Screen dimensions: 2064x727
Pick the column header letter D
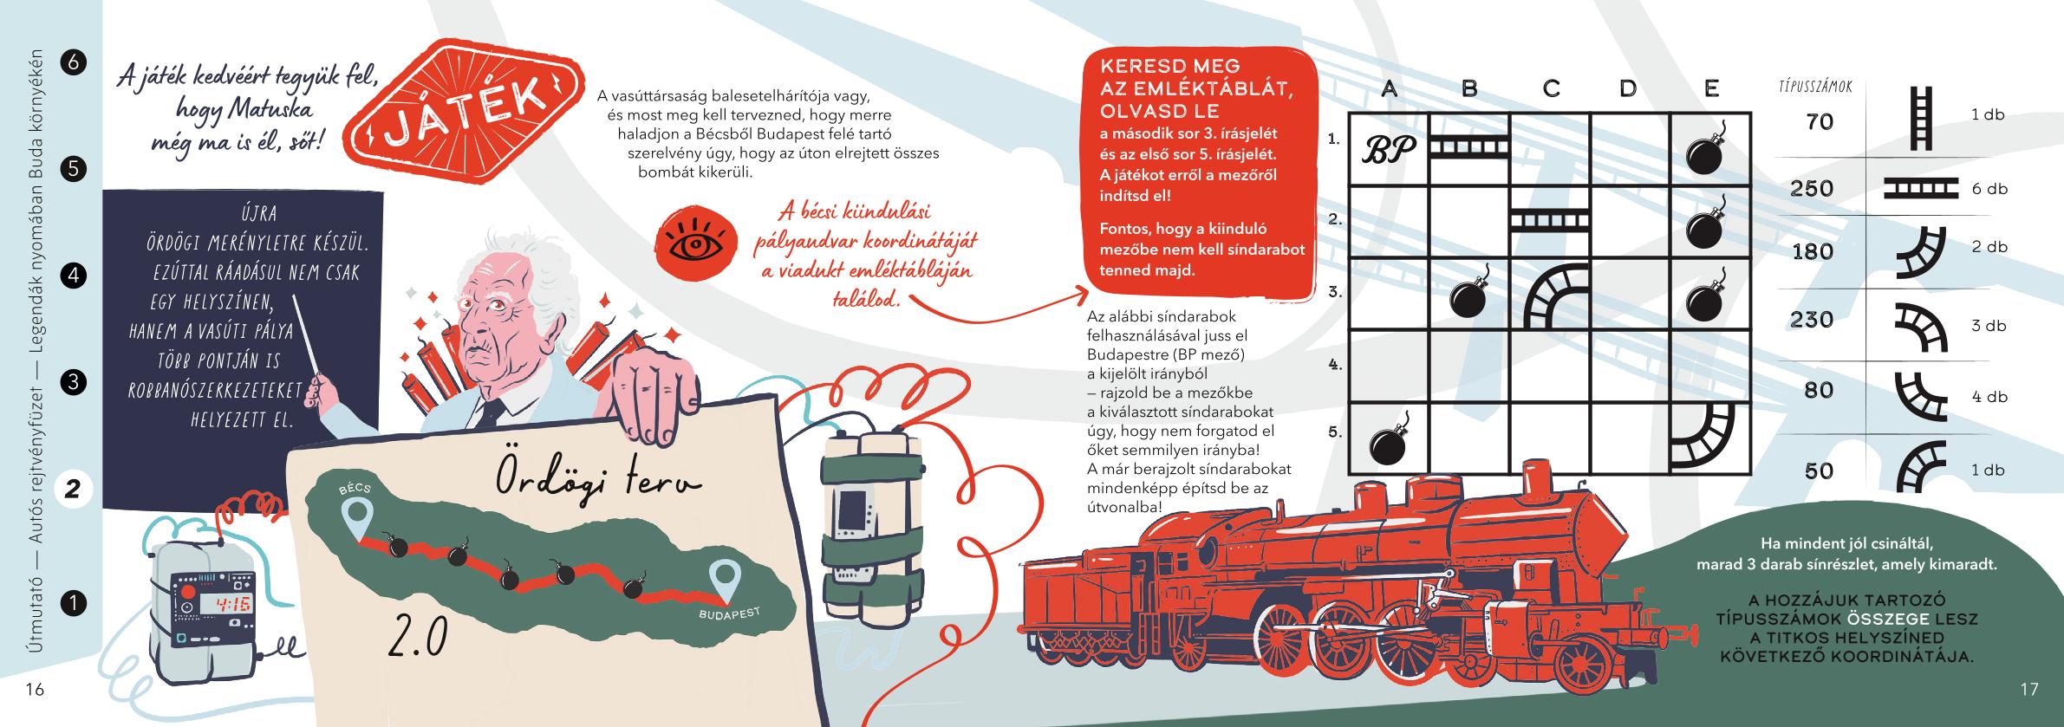tap(1628, 88)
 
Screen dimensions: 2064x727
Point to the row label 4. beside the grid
tap(1335, 365)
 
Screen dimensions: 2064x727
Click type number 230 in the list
tap(1813, 320)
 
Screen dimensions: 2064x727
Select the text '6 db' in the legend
tap(1989, 189)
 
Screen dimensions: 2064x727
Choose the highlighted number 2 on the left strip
tap(73, 490)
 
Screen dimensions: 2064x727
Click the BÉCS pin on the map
tap(356, 510)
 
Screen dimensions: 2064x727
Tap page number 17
tap(2029, 690)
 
